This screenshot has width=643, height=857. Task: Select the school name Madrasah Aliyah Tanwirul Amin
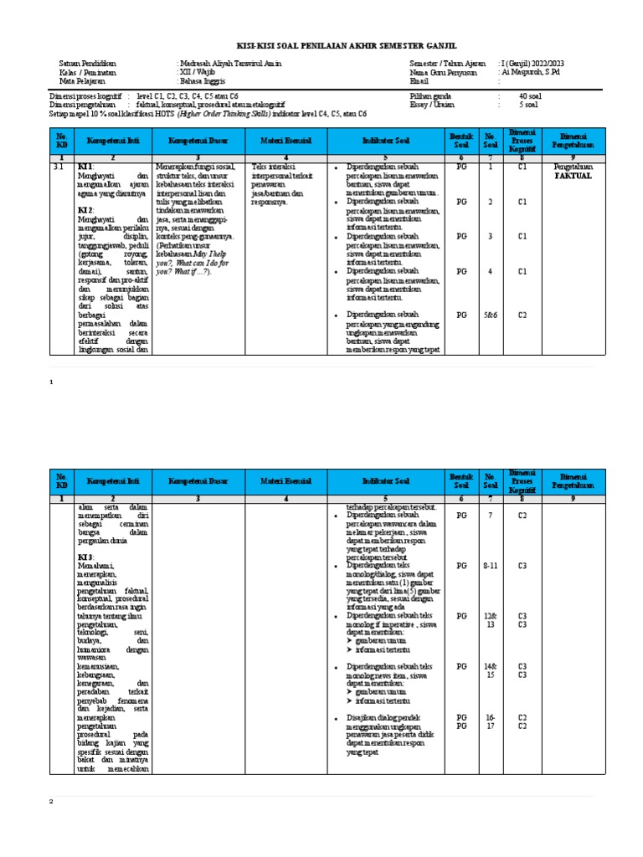tap(230, 64)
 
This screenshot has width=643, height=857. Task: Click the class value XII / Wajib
tap(198, 73)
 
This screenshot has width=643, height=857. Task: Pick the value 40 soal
tap(531, 96)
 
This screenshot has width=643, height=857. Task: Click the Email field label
tap(418, 82)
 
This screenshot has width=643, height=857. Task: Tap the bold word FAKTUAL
tap(574, 177)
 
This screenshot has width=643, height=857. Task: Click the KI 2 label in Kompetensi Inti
tap(86, 209)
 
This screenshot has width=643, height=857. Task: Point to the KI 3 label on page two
tap(86, 557)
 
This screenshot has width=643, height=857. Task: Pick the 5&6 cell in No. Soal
tap(491, 315)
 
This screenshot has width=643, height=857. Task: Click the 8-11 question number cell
tap(491, 567)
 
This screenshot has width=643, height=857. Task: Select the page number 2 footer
tap(51, 801)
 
